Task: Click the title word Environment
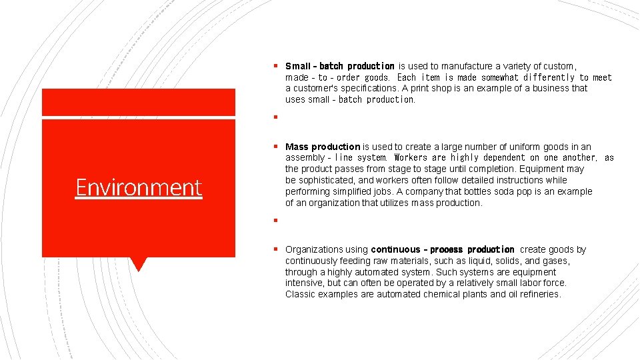click(x=139, y=187)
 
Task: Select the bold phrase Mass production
click(x=323, y=147)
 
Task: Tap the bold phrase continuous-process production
click(x=443, y=250)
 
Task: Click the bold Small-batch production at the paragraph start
click(x=340, y=66)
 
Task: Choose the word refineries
click(x=540, y=294)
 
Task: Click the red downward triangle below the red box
click(x=138, y=264)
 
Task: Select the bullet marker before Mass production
click(x=275, y=147)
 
